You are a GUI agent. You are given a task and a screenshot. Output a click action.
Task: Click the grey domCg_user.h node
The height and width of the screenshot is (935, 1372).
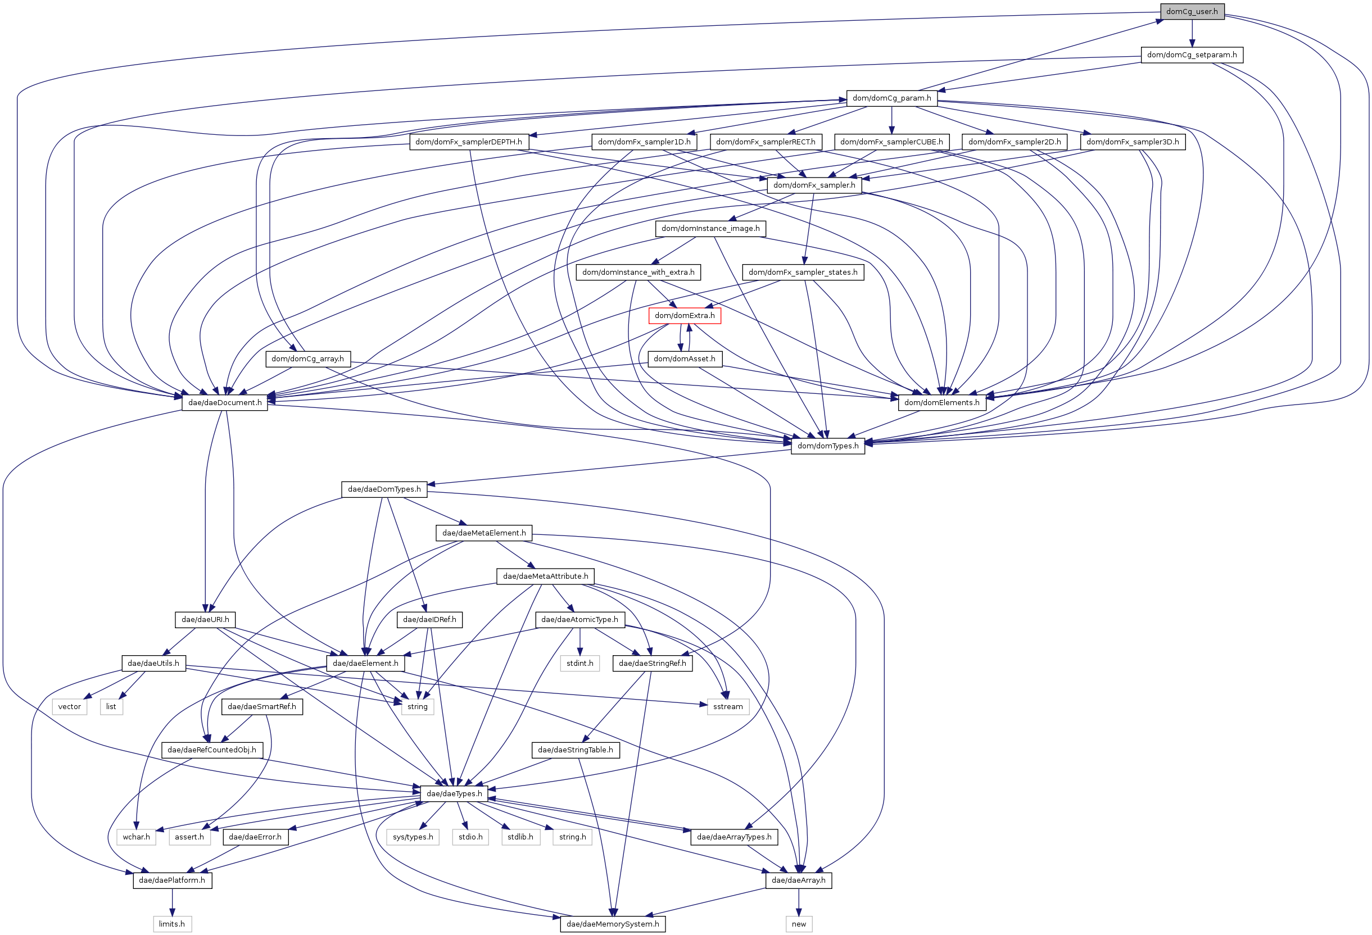(1192, 11)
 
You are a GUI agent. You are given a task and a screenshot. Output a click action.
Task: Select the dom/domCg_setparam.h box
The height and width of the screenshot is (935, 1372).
(1192, 55)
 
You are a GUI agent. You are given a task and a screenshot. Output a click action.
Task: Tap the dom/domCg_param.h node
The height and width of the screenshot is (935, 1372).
(891, 98)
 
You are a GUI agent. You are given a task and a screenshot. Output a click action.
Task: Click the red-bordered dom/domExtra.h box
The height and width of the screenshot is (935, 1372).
(684, 315)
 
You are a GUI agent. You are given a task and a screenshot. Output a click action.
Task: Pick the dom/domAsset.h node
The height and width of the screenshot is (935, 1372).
(684, 359)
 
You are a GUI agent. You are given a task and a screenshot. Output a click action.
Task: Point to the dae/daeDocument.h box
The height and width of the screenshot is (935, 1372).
(224, 402)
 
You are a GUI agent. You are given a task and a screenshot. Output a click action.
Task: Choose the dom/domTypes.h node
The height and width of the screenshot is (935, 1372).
(828, 446)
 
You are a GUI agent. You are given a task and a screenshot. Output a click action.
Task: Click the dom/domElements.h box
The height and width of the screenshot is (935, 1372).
(941, 402)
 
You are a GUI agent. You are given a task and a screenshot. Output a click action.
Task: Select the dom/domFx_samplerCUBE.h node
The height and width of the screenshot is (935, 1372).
(891, 142)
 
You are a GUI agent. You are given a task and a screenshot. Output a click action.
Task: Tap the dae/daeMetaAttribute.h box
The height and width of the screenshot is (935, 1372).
(546, 576)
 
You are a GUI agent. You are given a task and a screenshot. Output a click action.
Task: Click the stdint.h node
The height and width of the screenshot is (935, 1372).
(579, 663)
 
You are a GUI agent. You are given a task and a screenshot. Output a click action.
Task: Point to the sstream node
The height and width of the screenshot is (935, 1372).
(728, 706)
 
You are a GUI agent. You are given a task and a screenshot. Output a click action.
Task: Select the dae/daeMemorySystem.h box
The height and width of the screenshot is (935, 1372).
(613, 924)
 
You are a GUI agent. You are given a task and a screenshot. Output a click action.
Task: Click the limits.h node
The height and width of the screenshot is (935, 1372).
(172, 924)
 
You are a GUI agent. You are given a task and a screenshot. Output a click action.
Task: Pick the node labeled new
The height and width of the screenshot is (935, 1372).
(799, 924)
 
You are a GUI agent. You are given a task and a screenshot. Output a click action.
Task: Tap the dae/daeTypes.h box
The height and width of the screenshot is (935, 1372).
(454, 793)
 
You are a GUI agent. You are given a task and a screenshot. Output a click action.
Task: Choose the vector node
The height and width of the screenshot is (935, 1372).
(70, 706)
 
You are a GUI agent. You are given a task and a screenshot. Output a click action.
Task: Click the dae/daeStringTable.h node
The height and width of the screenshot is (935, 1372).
(576, 750)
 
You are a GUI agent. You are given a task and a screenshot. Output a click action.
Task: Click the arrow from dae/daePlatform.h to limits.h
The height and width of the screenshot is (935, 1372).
(172, 902)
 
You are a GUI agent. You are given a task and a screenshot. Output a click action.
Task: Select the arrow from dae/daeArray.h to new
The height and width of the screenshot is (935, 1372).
(799, 902)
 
